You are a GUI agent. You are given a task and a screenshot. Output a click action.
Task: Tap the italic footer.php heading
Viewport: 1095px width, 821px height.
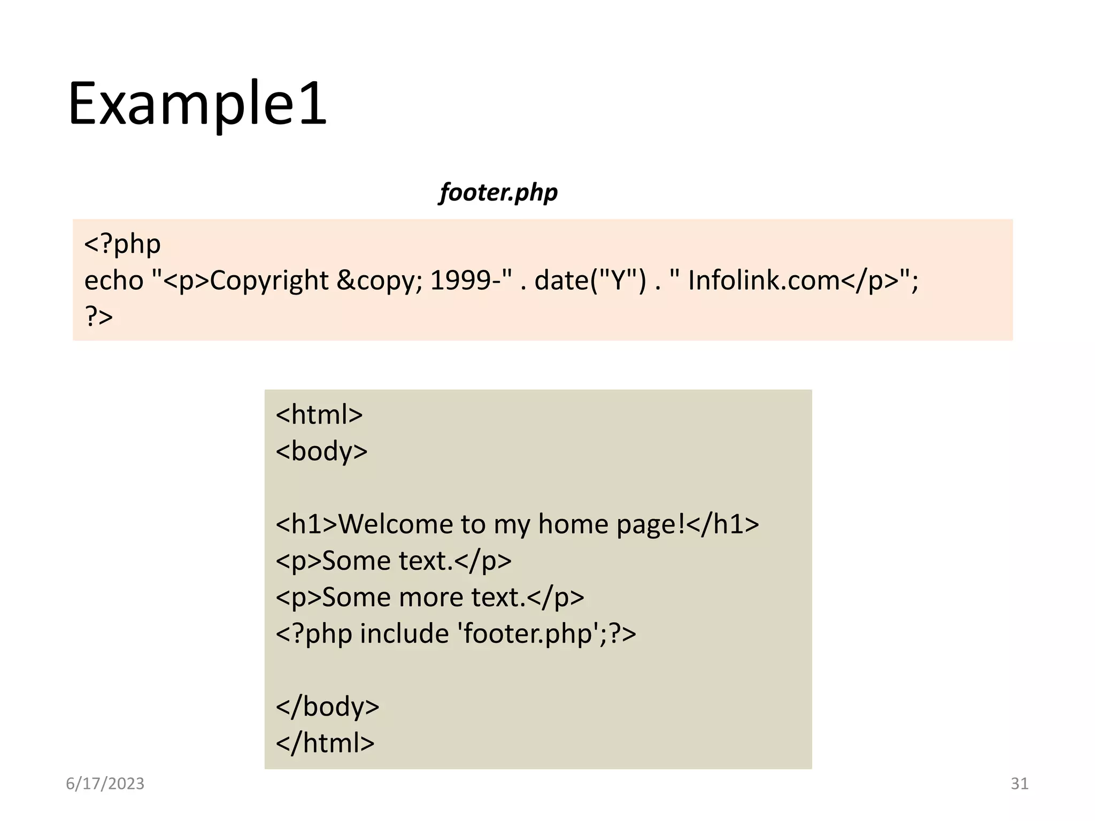(x=498, y=192)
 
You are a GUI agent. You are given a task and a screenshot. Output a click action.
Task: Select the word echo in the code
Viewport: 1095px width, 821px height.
(x=114, y=281)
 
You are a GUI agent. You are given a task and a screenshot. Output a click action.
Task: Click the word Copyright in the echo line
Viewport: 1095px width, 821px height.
(x=269, y=281)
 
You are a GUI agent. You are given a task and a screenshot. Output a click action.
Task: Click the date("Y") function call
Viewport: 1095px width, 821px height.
(x=590, y=281)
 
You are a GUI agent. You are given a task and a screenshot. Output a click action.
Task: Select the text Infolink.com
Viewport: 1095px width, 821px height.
(x=764, y=281)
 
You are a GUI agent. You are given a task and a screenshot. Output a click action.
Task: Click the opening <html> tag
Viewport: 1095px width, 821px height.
(x=319, y=415)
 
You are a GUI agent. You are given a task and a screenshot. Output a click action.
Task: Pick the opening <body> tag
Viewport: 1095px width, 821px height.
(x=321, y=451)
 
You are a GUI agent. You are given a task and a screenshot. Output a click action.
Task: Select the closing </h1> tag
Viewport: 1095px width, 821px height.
(x=723, y=524)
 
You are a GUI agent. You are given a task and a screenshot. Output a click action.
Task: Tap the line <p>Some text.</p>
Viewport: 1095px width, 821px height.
(x=394, y=561)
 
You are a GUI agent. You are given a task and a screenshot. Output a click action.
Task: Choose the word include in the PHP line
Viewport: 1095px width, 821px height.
(x=404, y=633)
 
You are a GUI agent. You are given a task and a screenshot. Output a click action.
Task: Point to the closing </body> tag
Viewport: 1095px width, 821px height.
(x=327, y=707)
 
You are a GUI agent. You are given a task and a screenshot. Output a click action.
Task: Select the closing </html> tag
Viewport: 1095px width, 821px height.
(x=325, y=743)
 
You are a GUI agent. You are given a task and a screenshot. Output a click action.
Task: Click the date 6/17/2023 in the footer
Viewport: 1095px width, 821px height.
(x=105, y=784)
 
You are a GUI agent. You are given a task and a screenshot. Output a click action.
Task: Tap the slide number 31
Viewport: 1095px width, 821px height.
(x=1019, y=784)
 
